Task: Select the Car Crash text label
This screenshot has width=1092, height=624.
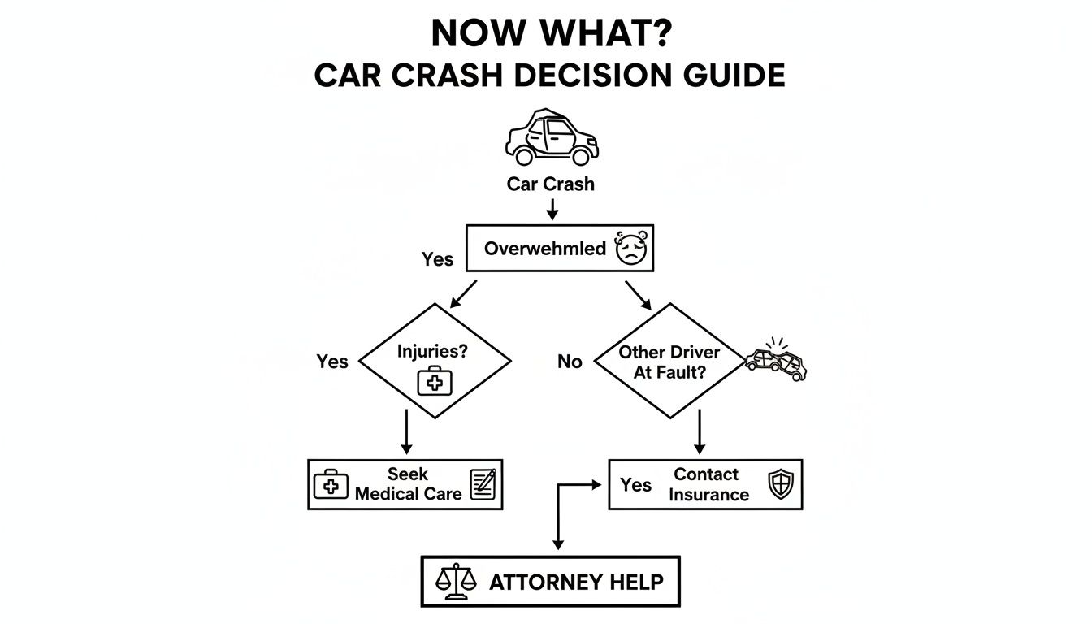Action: pyautogui.click(x=550, y=184)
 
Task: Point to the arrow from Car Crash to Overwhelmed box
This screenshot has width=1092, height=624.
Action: pyautogui.click(x=552, y=209)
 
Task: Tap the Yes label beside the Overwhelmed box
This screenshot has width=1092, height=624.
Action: pyautogui.click(x=437, y=259)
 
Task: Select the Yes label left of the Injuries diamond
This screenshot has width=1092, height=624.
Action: pyautogui.click(x=331, y=362)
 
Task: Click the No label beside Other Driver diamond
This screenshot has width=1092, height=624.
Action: pyautogui.click(x=570, y=362)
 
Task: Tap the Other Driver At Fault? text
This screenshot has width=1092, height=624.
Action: pyautogui.click(x=669, y=361)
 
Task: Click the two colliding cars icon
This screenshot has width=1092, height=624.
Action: pyautogui.click(x=777, y=361)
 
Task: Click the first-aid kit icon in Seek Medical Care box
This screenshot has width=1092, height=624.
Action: pyautogui.click(x=331, y=484)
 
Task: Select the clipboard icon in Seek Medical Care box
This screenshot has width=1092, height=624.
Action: pyautogui.click(x=483, y=484)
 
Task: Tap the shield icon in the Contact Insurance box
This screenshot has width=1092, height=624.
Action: pyautogui.click(x=780, y=485)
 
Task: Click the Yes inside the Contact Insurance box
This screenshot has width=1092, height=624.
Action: pyautogui.click(x=635, y=485)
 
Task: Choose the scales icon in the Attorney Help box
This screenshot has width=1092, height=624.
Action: pyautogui.click(x=454, y=581)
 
